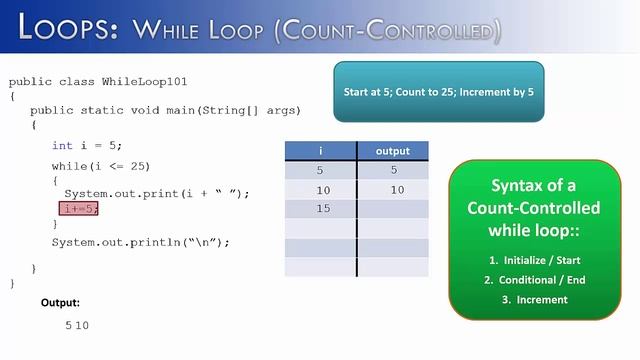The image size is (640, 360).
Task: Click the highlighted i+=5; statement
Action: (80, 209)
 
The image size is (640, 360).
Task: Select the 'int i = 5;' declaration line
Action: (87, 146)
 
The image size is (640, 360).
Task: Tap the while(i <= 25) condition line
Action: (100, 165)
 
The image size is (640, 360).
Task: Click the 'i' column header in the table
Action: (320, 151)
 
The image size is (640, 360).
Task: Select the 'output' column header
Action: (392, 151)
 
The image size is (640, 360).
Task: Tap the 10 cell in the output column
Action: (397, 190)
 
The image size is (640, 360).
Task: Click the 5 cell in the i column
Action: (320, 171)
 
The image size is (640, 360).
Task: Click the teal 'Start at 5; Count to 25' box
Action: (439, 92)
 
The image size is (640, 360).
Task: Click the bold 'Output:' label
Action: (60, 302)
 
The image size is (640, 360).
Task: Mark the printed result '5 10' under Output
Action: (77, 326)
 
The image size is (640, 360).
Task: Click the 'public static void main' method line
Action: (165, 110)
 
